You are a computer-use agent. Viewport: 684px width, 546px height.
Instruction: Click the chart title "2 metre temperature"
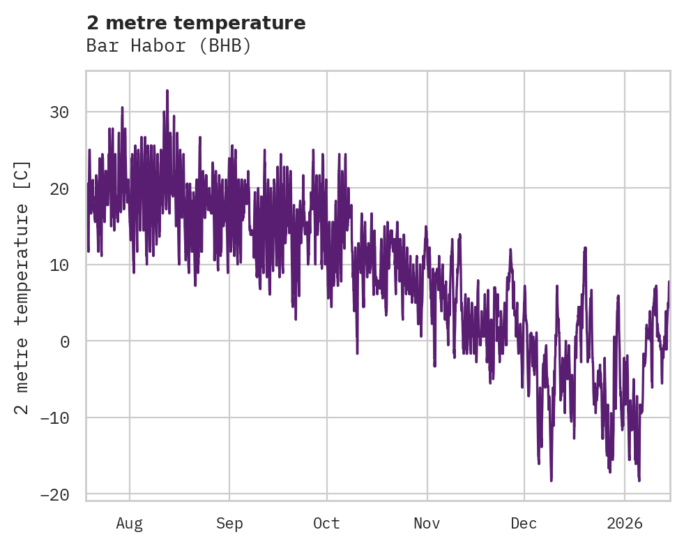(x=196, y=23)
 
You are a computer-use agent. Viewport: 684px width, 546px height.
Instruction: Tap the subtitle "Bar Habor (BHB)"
(x=168, y=46)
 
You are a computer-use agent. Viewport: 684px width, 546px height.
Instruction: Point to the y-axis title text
(x=22, y=287)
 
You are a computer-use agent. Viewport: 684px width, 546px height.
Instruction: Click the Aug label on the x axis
(x=130, y=523)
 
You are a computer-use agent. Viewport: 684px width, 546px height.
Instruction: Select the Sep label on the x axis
(x=229, y=523)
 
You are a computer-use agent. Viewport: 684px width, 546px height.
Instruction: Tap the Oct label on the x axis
(x=326, y=523)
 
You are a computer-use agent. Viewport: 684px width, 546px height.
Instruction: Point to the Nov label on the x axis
(x=427, y=523)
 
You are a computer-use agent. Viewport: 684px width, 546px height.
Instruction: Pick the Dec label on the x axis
(x=524, y=523)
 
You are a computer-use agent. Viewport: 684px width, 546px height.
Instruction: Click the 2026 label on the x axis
(x=625, y=523)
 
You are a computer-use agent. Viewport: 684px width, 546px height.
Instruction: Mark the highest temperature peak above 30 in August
(x=167, y=91)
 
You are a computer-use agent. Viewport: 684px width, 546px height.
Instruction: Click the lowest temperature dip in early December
(x=551, y=480)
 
